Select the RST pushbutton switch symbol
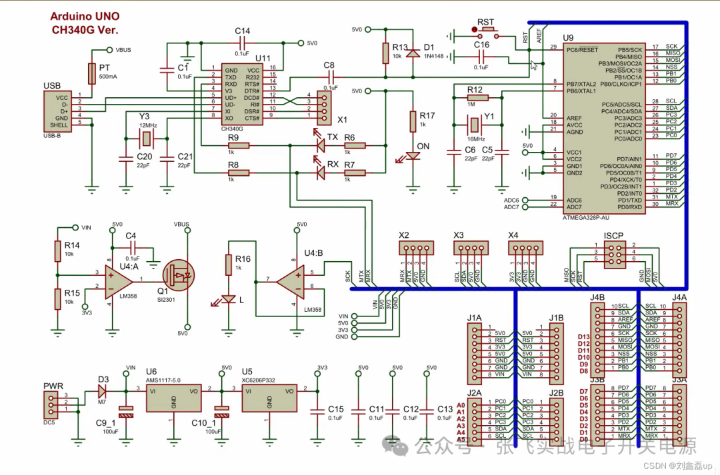coord(485,31)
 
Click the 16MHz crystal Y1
coord(474,125)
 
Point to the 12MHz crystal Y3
coord(146,138)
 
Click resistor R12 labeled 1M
coord(475,98)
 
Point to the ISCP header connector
coord(614,253)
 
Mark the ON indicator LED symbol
coord(413,157)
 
